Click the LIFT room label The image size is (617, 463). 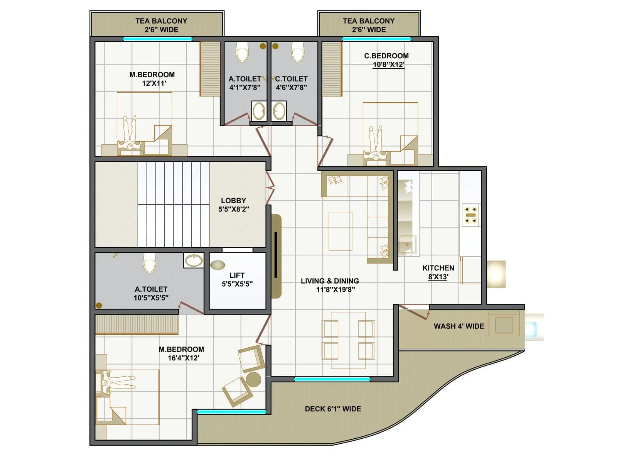[x=237, y=279]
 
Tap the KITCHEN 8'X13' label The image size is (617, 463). [x=438, y=272]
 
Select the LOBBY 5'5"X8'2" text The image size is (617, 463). [x=233, y=205]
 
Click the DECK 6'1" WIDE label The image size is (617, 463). [x=333, y=409]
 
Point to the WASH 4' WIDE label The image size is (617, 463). [x=459, y=326]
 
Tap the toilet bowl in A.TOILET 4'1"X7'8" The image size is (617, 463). [x=242, y=52]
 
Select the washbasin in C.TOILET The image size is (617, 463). [x=279, y=111]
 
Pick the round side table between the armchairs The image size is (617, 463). [x=253, y=379]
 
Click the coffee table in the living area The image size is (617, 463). [x=340, y=231]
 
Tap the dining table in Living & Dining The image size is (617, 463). [x=348, y=340]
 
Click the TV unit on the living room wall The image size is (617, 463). [x=276, y=255]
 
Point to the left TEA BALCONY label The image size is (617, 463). [x=161, y=25]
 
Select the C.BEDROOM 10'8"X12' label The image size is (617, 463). [x=386, y=60]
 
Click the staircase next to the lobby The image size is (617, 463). [x=174, y=204]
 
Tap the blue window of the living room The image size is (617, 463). [x=332, y=379]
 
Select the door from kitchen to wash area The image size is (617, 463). [x=414, y=311]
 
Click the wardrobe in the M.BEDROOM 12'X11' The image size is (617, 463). [x=210, y=69]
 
